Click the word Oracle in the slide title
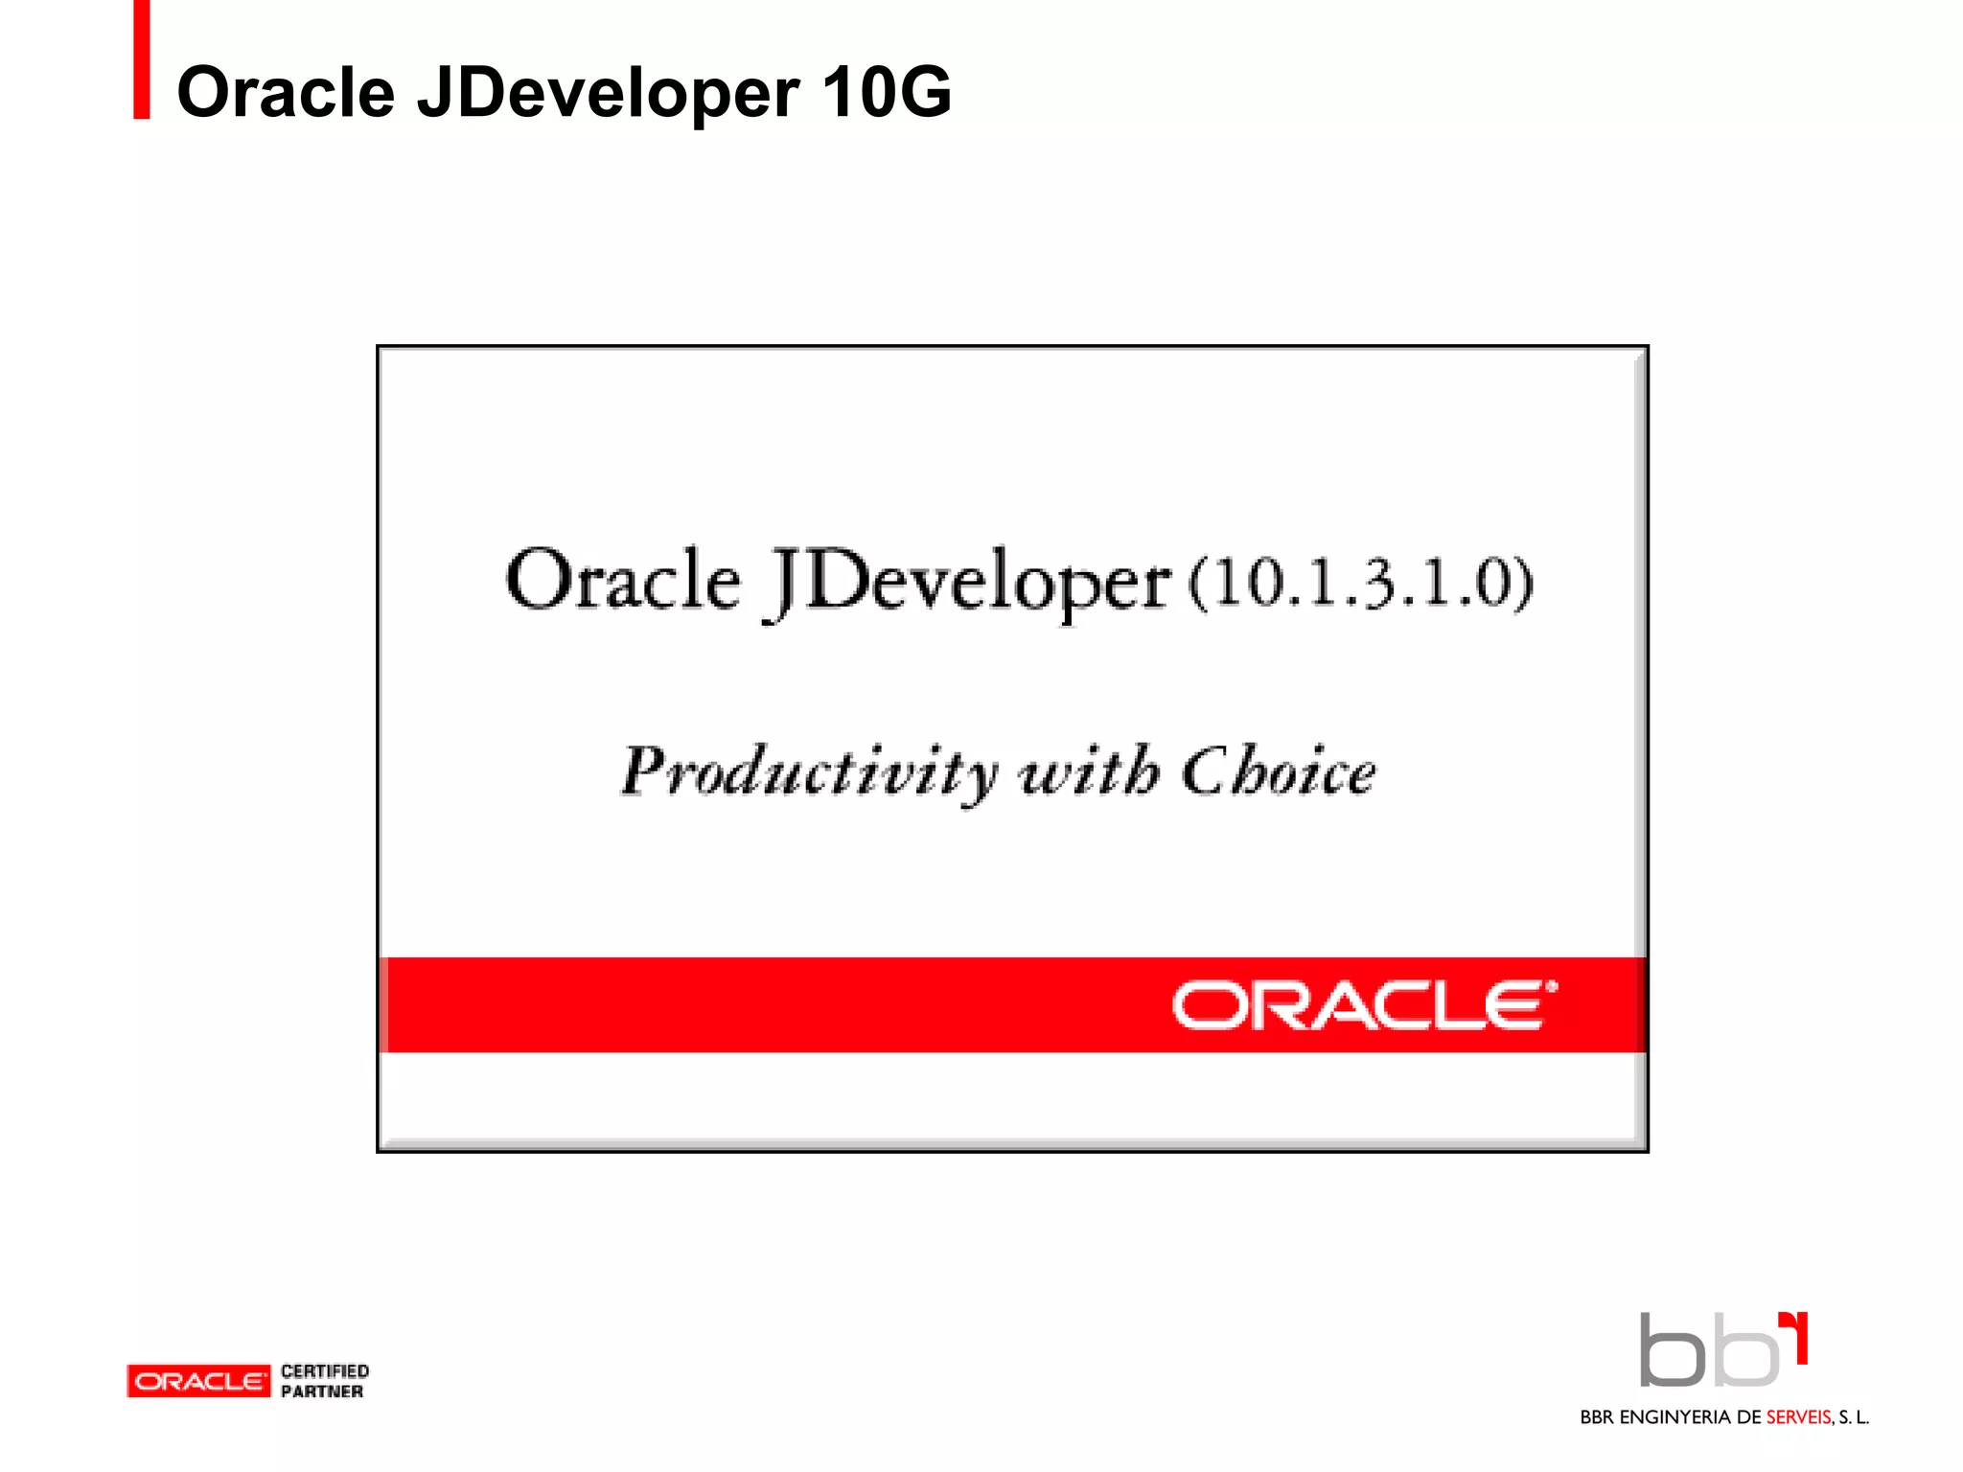[x=286, y=93]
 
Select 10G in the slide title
[x=886, y=93]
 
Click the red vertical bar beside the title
[x=142, y=59]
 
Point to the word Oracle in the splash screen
[x=623, y=581]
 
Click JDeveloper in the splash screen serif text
[x=968, y=583]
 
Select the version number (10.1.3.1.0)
[x=1361, y=583]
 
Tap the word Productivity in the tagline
[x=810, y=772]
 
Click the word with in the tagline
[x=1088, y=770]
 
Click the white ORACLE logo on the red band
[x=1356, y=1005]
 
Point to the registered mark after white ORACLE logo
[x=1552, y=986]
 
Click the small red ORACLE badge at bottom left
[x=198, y=1381]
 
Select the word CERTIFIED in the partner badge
[x=325, y=1371]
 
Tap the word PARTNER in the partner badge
[x=322, y=1391]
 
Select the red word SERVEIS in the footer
[x=1798, y=1417]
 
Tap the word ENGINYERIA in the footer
[x=1675, y=1417]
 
